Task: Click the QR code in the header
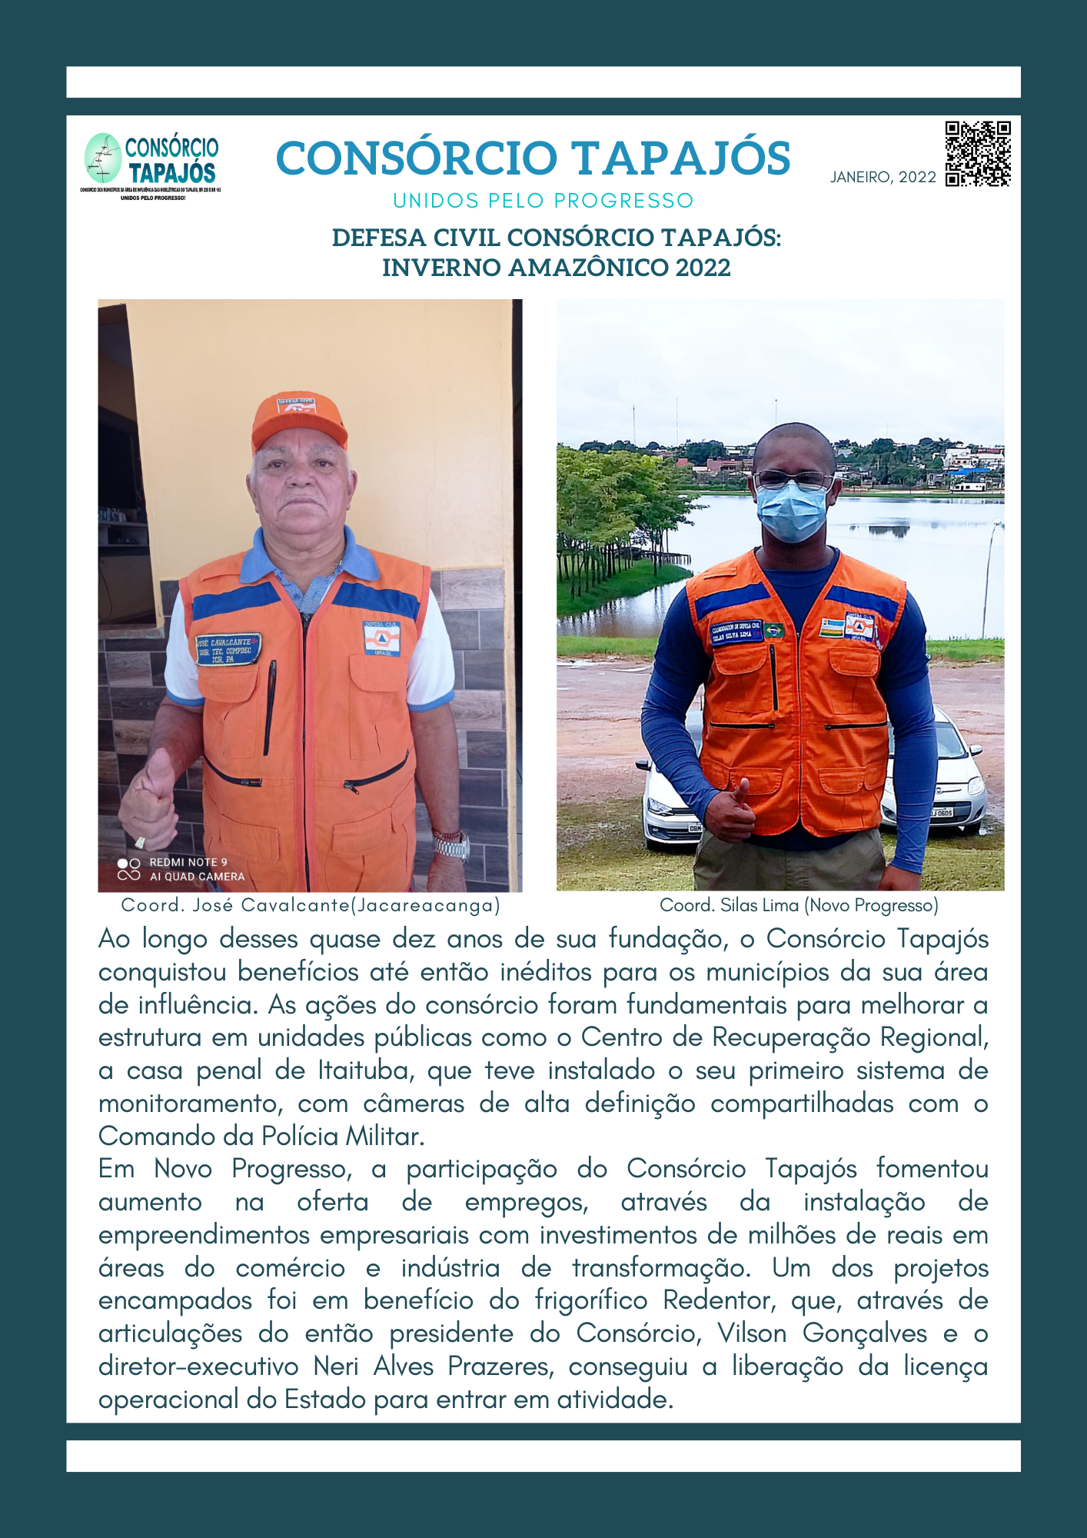point(978,154)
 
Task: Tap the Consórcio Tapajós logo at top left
point(151,163)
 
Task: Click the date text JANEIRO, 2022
point(883,178)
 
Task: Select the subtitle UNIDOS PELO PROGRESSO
point(543,201)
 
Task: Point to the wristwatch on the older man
point(450,845)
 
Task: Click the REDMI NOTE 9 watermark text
point(188,862)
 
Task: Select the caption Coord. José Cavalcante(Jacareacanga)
point(311,905)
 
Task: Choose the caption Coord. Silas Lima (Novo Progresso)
point(799,905)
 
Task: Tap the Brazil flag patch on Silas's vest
point(773,629)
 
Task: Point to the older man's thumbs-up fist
point(149,800)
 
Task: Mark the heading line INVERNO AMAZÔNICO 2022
point(556,268)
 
